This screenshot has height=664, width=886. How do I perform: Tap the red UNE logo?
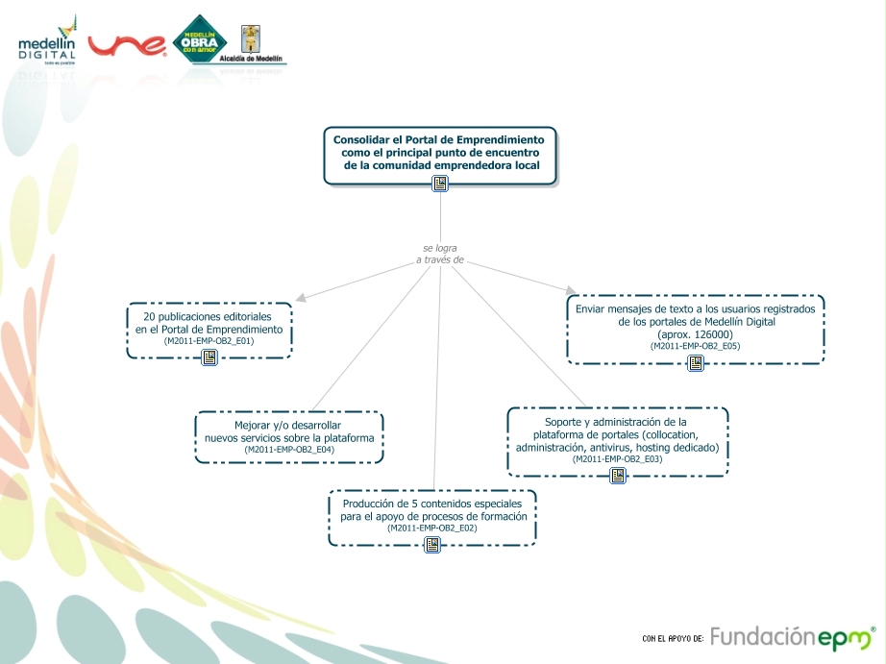[128, 45]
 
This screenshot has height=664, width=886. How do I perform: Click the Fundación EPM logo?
[793, 637]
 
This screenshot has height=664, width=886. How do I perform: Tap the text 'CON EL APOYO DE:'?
[673, 639]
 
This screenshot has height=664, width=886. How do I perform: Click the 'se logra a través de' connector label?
[440, 254]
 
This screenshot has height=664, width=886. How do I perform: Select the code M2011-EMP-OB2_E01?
[209, 341]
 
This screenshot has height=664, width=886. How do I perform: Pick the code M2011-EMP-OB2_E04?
[289, 450]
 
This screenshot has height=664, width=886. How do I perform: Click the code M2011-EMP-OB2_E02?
[432, 529]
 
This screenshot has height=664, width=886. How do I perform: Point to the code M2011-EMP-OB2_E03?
[617, 459]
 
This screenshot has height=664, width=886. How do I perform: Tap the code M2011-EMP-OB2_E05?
[695, 346]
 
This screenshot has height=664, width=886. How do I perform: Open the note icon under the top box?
[440, 184]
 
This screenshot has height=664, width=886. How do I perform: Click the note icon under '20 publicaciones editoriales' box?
[209, 357]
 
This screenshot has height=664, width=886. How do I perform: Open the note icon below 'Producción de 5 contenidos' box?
[432, 545]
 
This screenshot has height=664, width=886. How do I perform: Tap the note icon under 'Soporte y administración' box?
[618, 476]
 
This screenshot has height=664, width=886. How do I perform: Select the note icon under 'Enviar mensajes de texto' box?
[696, 362]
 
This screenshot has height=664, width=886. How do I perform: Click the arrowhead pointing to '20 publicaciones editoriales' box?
[301, 298]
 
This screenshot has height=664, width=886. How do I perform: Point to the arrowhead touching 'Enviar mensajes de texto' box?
[571, 290]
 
